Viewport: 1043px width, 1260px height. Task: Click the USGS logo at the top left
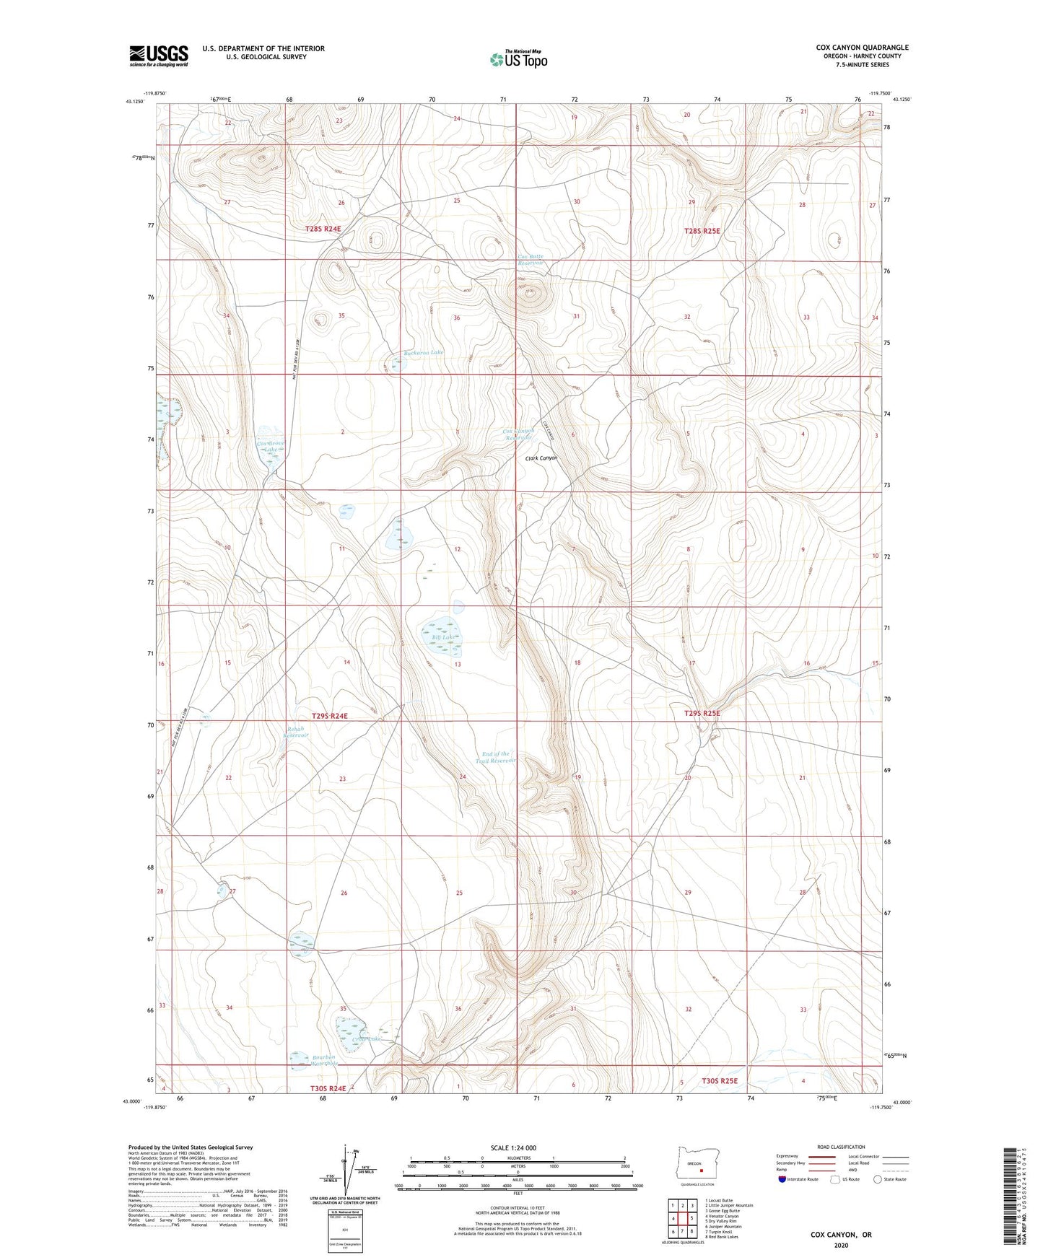159,56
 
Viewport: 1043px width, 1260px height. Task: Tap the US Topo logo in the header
518,59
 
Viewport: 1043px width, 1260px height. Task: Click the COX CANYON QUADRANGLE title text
862,48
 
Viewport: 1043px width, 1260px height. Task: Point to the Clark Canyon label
541,458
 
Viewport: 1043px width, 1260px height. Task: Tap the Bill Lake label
444,637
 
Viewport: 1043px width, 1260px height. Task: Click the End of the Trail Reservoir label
497,757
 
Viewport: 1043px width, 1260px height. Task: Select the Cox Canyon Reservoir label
518,434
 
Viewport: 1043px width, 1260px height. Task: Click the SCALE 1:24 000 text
518,1148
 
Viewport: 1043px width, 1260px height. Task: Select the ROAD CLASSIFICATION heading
841,1147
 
